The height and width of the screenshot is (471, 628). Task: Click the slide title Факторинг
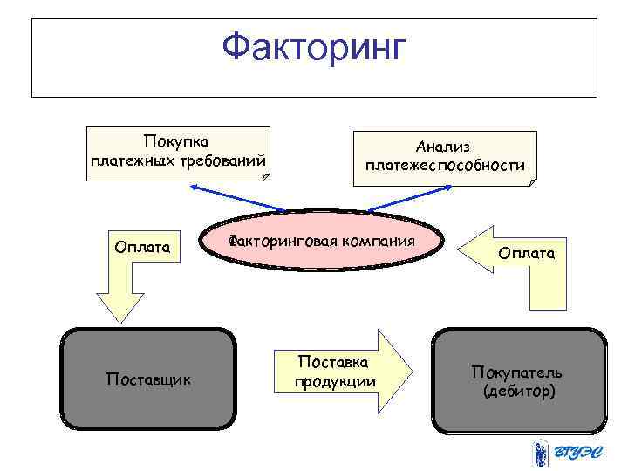(313, 48)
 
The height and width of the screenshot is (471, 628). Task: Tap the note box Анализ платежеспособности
(445, 157)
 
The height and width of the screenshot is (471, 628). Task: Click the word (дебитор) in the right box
(518, 392)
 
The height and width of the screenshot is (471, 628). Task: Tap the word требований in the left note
(223, 163)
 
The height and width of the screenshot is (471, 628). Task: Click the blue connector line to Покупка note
(235, 199)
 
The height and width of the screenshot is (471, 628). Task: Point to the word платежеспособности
(445, 165)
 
